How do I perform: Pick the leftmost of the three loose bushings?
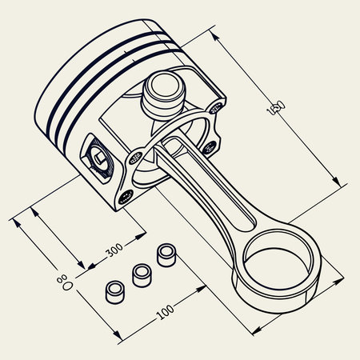pyautogui.click(x=116, y=289)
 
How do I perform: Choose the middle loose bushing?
pyautogui.click(x=142, y=274)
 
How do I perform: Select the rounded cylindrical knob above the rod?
pyautogui.click(x=162, y=91)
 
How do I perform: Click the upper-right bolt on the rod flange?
pyautogui.click(x=217, y=105)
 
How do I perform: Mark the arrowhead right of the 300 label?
pyautogui.click(x=144, y=234)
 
